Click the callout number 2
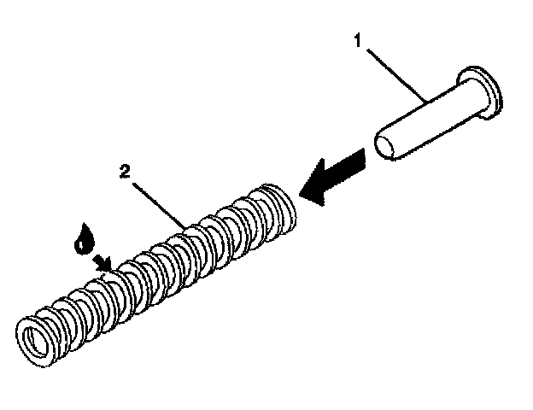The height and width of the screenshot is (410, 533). (125, 171)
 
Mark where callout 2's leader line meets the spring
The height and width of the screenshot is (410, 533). (187, 226)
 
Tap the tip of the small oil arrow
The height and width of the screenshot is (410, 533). (112, 269)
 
